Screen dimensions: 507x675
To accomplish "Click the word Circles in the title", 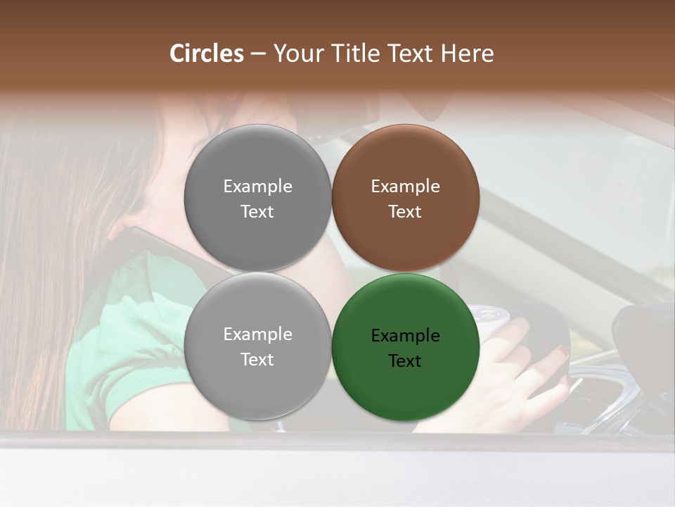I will (x=207, y=54).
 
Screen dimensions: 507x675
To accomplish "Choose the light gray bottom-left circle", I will (x=257, y=391).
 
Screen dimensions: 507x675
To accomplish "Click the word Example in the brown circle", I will (x=405, y=187).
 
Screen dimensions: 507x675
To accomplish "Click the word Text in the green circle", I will (x=405, y=361).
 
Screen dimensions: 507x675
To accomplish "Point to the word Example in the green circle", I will (x=405, y=336).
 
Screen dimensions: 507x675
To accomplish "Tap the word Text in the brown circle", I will (x=405, y=212).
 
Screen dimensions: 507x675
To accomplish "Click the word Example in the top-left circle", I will (x=257, y=187).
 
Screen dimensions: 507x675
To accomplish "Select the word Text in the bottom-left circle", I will (x=257, y=360).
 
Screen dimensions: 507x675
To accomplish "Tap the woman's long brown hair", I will (x=42, y=246).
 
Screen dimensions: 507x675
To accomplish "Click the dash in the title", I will (x=257, y=54).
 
